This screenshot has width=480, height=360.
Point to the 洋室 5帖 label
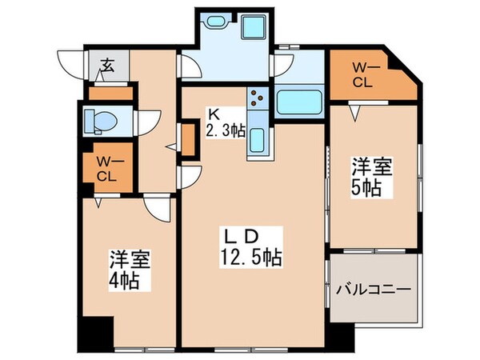(x=370, y=178)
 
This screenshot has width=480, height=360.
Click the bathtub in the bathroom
(x=299, y=102)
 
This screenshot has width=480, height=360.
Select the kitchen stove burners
(x=258, y=99)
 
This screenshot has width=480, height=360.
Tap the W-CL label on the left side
(x=104, y=169)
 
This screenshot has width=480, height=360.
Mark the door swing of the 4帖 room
(x=158, y=210)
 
